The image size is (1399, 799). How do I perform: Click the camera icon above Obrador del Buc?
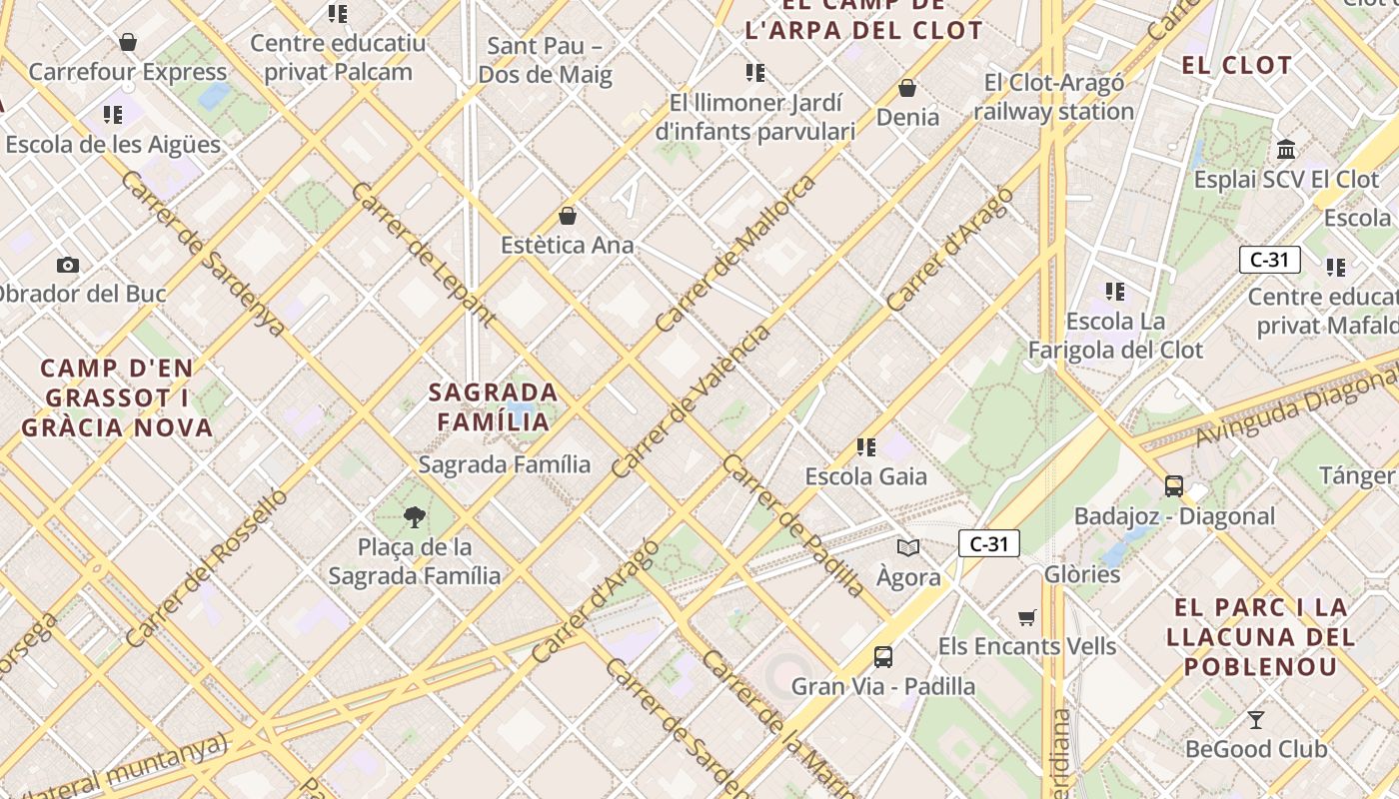68,265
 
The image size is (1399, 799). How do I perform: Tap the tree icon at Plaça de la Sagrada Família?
414,516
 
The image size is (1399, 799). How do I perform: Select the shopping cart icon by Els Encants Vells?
1026,617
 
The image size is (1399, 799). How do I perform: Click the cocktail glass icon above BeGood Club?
1256,719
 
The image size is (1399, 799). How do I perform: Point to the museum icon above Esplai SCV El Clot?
1286,150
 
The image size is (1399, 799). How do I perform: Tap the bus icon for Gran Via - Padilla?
883,656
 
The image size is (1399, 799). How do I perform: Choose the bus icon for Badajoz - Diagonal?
1174,486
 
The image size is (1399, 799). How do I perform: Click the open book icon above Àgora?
908,547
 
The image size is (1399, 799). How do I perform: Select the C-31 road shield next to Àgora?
988,543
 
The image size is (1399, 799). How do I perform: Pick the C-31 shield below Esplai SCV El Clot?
1269,260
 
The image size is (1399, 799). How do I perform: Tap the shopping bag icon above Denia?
907,88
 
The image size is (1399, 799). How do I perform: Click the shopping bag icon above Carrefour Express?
128,42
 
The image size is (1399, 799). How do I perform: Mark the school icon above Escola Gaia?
866,446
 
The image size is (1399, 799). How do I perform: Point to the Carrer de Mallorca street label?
734,255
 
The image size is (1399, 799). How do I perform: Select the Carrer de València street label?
691,401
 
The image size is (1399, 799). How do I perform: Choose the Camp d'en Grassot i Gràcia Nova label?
117,398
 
